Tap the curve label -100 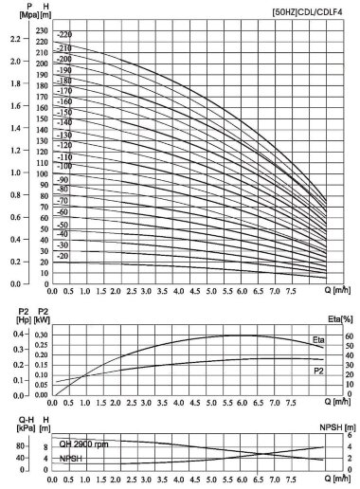(64, 167)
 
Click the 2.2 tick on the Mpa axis (13, 40)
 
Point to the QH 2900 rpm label (86, 442)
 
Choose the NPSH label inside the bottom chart (71, 459)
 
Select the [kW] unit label (41, 321)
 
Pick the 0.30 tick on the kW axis (41, 335)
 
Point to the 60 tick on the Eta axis (348, 335)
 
